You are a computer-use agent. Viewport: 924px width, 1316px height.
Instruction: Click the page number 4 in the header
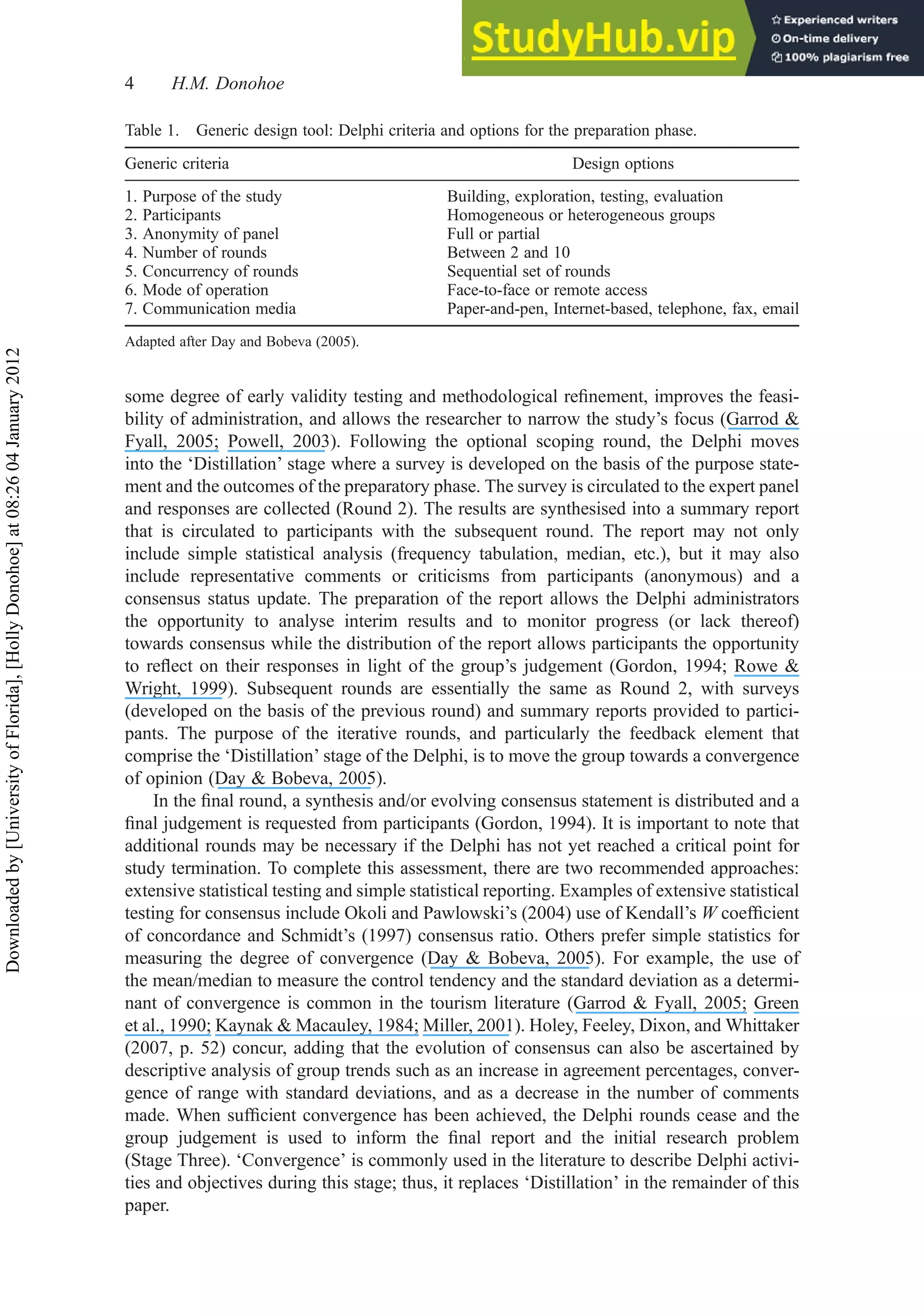[x=129, y=84]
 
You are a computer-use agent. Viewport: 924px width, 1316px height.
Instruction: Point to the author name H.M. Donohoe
[x=228, y=84]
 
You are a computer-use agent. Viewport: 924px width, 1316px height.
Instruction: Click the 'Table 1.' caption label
[x=152, y=131]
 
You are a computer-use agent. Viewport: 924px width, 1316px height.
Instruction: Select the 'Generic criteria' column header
[x=177, y=164]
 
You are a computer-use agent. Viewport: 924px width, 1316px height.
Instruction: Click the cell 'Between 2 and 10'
[x=508, y=253]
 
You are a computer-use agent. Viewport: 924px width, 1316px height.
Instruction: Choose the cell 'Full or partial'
[x=493, y=234]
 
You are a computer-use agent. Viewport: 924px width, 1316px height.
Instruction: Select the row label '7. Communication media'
[x=211, y=309]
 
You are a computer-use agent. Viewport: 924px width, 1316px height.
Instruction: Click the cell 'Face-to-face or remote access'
[x=547, y=290]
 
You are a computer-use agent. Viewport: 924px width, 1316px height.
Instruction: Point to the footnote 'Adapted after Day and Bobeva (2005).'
[x=241, y=342]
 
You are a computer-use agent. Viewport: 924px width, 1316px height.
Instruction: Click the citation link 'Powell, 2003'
[x=279, y=441]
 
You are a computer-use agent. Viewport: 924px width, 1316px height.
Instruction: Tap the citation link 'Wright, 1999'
[x=176, y=688]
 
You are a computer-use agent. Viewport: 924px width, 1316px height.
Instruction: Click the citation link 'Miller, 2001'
[x=467, y=1025]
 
